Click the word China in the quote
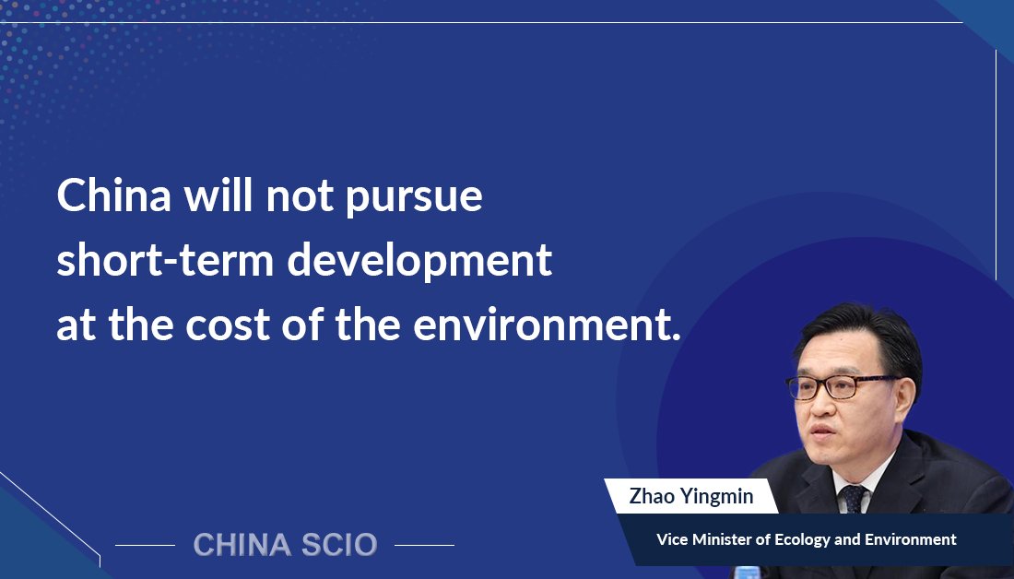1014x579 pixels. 114,195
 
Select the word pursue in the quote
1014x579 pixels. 414,199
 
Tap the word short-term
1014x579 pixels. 165,260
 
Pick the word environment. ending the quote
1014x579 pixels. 547,325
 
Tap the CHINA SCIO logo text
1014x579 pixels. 285,545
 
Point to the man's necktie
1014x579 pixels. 853,499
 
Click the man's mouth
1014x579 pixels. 822,431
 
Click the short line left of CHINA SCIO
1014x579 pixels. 145,546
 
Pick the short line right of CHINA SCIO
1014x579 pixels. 424,546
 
